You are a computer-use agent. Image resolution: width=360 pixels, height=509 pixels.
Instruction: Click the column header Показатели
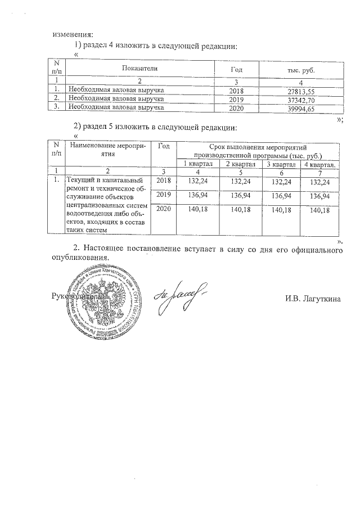tap(139, 68)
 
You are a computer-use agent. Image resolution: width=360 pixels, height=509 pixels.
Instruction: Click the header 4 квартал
tap(319, 164)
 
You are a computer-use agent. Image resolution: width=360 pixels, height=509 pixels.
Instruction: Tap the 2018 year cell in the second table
tap(164, 181)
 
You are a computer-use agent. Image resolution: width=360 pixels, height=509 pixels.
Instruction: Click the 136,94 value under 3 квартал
tap(282, 196)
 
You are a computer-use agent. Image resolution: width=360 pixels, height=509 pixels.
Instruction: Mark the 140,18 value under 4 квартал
tap(320, 210)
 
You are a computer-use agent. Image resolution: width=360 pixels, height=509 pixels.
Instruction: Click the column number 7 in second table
tap(319, 172)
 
